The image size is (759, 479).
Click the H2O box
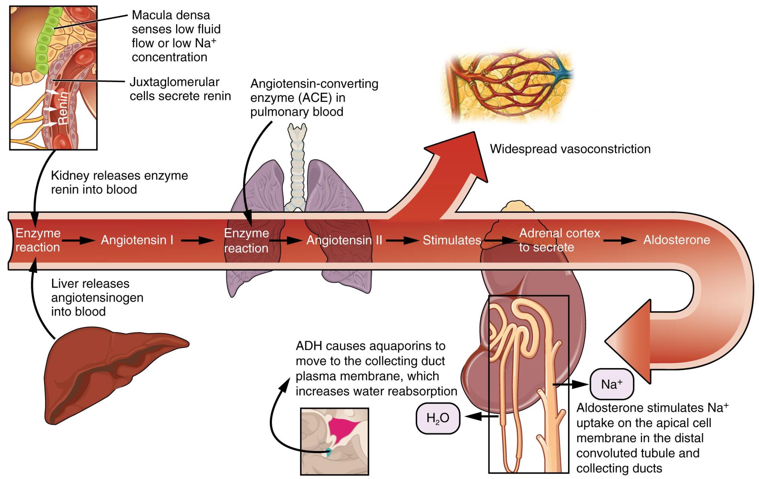click(438, 418)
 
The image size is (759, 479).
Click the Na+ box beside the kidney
click(611, 384)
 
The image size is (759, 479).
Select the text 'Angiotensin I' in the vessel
click(137, 240)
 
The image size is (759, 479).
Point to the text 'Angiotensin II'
click(344, 240)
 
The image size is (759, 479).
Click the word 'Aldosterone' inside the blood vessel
click(676, 240)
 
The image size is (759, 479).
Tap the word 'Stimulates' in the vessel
click(452, 240)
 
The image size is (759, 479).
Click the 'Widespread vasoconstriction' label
click(570, 149)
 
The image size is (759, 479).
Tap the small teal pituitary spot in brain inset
click(329, 452)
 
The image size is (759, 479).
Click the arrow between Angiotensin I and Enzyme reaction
click(197, 241)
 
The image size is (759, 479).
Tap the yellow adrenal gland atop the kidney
click(517, 207)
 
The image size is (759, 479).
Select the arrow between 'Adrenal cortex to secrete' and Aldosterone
click(620, 241)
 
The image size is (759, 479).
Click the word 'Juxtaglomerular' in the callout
click(174, 82)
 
